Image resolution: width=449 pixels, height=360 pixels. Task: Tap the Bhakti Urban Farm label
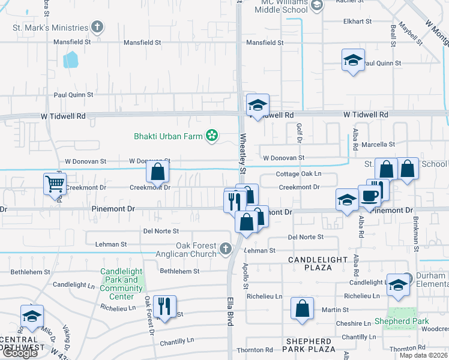pyautogui.click(x=168, y=136)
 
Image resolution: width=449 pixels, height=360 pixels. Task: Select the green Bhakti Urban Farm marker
pyautogui.click(x=211, y=136)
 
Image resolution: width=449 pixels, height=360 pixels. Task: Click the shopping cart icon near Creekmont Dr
pyautogui.click(x=55, y=184)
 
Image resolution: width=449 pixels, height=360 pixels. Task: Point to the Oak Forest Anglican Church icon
pyautogui.click(x=225, y=248)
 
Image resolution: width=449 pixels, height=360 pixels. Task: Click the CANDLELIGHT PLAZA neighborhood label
pyautogui.click(x=318, y=263)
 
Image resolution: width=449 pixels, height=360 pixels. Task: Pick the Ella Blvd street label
pyautogui.click(x=230, y=311)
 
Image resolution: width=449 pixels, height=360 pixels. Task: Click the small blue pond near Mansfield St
pyautogui.click(x=71, y=59)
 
